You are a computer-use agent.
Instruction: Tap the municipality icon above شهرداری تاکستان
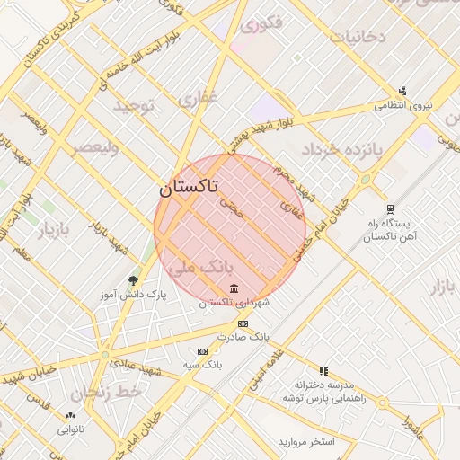[234, 288]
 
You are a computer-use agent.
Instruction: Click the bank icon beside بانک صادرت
[243, 323]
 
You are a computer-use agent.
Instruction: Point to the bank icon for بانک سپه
[202, 351]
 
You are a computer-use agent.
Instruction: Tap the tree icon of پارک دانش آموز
[134, 281]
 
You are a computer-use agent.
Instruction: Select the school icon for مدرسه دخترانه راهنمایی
[323, 370]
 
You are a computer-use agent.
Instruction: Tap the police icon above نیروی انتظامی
[402, 91]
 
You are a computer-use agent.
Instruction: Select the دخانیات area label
[358, 37]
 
